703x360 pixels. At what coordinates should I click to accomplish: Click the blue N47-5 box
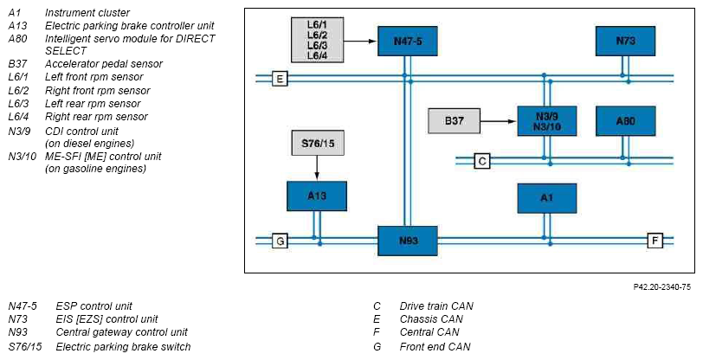408,42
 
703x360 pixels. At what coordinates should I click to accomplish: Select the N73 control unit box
625,42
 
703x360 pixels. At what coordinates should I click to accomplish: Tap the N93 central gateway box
408,241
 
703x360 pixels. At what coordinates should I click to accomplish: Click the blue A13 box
317,196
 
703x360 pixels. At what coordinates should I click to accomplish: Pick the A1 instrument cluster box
547,198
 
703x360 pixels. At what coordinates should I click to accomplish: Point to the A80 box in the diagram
625,121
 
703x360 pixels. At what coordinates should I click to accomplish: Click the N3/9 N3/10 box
547,121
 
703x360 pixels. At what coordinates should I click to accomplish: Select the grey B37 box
455,121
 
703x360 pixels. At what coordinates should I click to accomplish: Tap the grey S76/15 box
318,143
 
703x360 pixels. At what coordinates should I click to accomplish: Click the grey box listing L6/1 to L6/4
318,40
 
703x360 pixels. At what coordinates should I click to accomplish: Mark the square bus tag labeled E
280,79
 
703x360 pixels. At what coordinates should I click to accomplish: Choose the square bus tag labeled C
482,161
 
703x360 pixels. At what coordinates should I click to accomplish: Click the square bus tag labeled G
280,241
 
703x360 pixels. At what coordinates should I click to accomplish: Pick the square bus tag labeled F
655,241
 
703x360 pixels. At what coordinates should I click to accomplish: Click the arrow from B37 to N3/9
499,121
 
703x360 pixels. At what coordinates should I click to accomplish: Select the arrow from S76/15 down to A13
317,168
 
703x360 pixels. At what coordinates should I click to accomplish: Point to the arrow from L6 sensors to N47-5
360,42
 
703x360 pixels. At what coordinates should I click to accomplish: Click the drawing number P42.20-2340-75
661,287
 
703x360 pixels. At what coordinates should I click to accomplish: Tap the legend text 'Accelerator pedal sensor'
104,64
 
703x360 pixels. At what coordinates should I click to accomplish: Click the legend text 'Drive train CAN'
436,306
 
